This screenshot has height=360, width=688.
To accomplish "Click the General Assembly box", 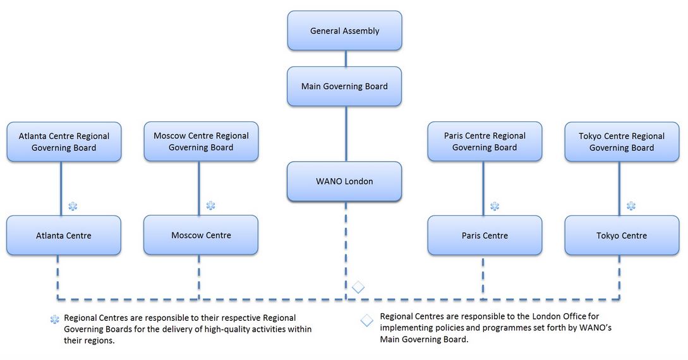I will tap(344, 30).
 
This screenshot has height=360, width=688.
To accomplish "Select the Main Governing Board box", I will tap(344, 86).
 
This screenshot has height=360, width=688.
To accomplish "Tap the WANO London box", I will tap(344, 181).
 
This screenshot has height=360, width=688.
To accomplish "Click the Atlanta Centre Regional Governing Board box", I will tap(64, 141).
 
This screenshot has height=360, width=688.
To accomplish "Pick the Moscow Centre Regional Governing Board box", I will tap(201, 141).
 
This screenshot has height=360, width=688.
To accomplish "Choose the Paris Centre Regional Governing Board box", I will tap(485, 141).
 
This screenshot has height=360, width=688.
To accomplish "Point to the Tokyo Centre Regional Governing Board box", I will tap(622, 141).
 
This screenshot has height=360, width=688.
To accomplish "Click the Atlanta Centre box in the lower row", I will tap(64, 236).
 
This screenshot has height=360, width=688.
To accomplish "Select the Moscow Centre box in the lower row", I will tap(201, 236).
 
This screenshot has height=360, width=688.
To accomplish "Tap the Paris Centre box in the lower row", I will tap(485, 236).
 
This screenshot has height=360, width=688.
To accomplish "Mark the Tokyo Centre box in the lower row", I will tap(622, 236).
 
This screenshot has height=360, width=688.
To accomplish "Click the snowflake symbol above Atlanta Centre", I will tap(73, 206).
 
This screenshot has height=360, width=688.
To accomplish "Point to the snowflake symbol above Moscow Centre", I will tap(210, 206).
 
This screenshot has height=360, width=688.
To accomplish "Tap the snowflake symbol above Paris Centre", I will tap(495, 206).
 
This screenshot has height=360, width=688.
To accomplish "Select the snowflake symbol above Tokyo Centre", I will tap(631, 206).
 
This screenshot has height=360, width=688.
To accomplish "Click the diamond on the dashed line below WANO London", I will tap(358, 287).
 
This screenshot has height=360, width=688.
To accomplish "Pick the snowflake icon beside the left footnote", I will tap(55, 320).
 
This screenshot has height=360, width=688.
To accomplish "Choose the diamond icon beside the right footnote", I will tap(367, 320).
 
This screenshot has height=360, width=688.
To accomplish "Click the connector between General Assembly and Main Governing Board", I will tap(345, 58).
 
